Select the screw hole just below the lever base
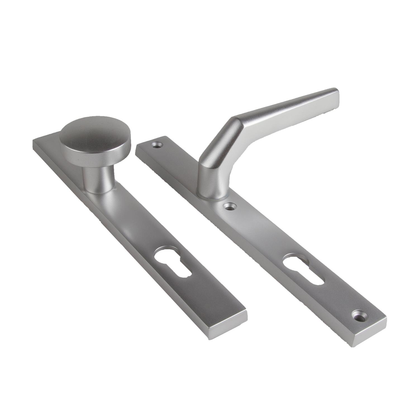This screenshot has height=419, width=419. pos(231,207)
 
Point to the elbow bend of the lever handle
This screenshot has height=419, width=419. pos(235,123)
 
